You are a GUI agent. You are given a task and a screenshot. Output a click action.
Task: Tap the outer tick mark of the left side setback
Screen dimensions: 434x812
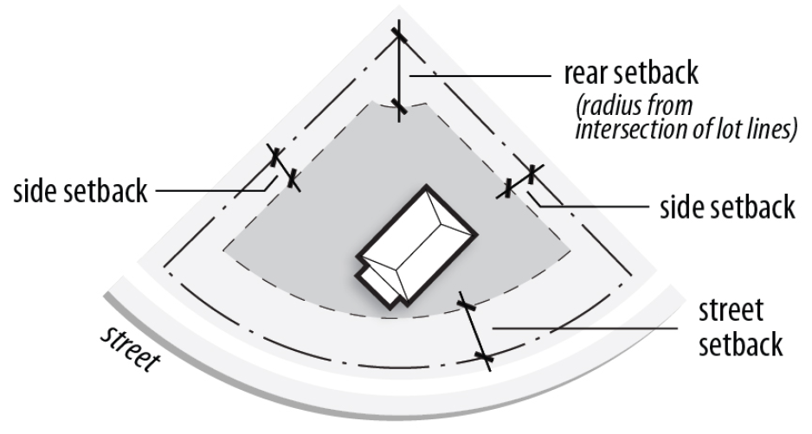click(x=275, y=157)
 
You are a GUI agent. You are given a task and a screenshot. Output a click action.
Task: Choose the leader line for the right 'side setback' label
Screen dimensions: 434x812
click(x=597, y=206)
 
